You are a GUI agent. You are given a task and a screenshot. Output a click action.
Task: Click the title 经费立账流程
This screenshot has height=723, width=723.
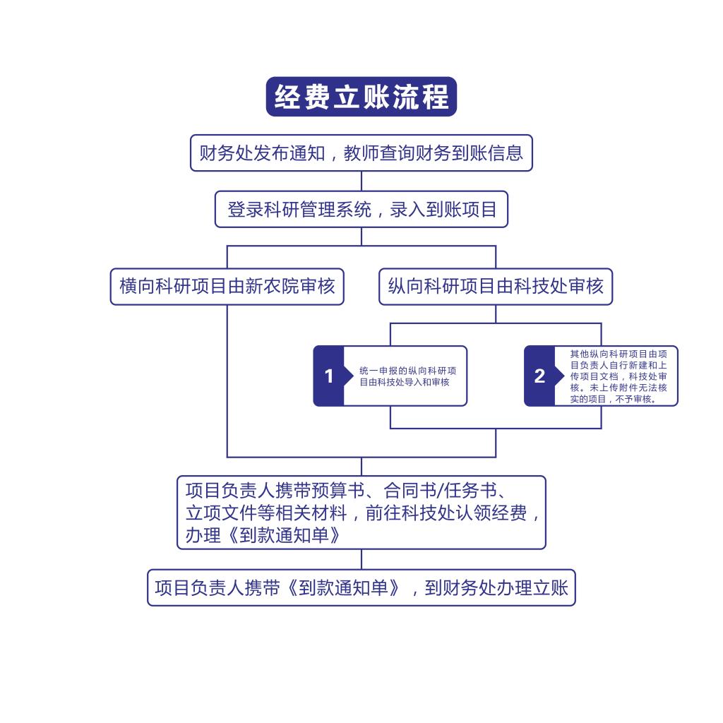361,97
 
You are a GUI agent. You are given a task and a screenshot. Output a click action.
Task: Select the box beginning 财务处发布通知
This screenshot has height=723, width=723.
361,153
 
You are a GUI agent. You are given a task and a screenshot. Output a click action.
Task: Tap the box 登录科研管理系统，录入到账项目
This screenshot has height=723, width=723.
361,209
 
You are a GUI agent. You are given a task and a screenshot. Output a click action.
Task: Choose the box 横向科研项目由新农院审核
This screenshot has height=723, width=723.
227,287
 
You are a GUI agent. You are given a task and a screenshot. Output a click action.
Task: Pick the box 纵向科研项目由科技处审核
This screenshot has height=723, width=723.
496,287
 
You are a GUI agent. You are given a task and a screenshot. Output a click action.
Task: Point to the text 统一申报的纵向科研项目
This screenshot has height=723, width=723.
408,371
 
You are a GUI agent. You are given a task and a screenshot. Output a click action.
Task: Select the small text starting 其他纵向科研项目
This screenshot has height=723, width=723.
619,376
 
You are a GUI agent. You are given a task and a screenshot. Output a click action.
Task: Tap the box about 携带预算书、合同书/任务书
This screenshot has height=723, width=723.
361,513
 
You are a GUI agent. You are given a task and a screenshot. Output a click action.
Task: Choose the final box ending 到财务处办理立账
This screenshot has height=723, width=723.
361,588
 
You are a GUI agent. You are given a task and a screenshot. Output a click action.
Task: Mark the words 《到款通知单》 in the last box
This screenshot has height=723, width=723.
344,588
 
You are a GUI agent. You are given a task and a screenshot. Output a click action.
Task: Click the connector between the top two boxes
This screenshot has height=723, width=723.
361,181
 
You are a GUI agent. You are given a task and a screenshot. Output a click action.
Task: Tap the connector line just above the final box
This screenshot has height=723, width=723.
361,560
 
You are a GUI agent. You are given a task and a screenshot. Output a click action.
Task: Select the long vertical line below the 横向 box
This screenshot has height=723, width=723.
227,381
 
